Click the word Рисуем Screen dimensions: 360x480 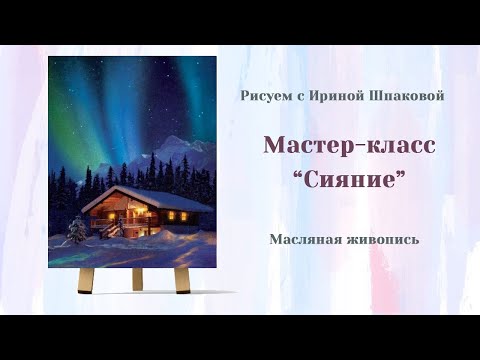click(265, 95)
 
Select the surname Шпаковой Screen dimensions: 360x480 click(402, 95)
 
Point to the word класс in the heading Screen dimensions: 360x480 click(397, 144)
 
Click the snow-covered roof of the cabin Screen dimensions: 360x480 click(140, 197)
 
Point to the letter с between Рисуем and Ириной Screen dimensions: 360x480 click(299, 96)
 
